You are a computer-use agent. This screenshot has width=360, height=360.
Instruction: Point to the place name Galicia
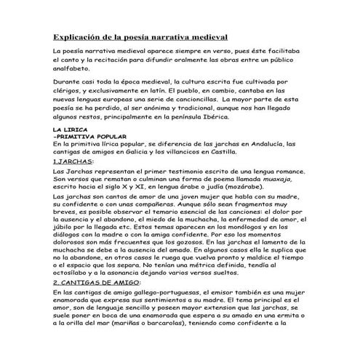point(163,152)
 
